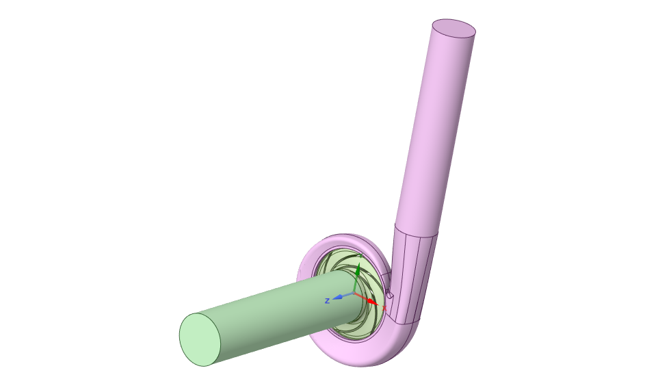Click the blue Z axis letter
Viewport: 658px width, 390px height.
point(328,301)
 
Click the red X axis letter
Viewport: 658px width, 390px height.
point(384,308)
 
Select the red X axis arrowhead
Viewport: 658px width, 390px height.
point(372,302)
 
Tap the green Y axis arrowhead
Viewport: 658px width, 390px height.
point(357,272)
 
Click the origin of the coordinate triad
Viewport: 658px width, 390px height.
point(354,293)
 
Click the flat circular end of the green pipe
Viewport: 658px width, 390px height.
point(200,339)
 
